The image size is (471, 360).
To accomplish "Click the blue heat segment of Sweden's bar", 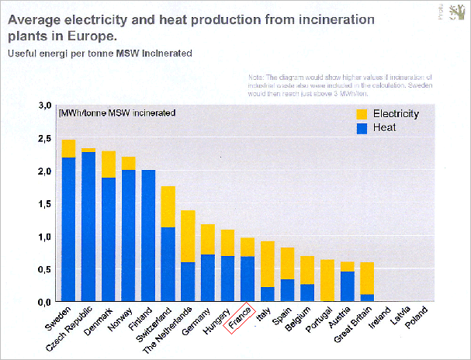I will point(68,229).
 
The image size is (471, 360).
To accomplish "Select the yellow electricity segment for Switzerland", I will point(168,206).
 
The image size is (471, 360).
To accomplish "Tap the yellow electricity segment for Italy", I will point(267,264).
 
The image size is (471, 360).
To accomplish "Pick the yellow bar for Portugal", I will point(327,280).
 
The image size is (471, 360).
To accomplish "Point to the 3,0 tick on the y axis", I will point(45,105).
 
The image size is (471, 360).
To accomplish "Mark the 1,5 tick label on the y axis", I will point(45,203).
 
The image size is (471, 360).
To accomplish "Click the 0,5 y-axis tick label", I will point(45,268).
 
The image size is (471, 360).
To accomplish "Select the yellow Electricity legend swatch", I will point(360,114).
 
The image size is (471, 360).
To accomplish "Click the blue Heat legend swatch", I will point(360,127).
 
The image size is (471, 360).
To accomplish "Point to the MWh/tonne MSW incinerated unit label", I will point(116,113).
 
